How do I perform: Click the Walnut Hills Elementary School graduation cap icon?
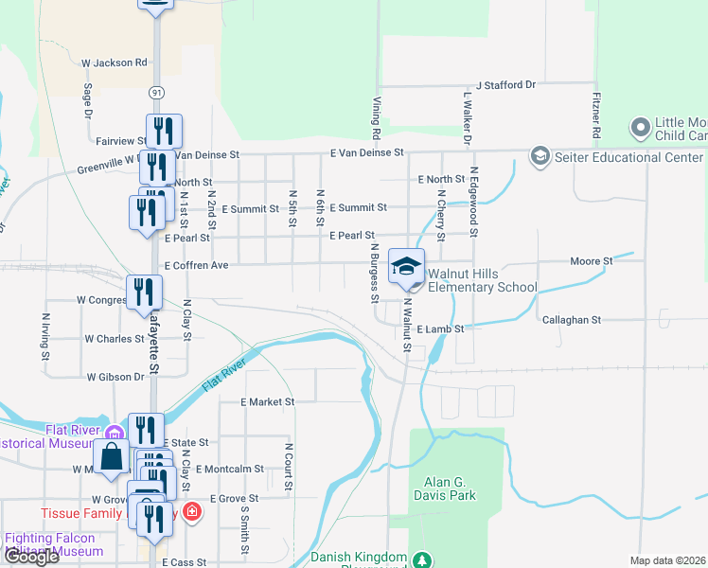[x=406, y=266]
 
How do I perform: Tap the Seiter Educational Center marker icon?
[x=540, y=155]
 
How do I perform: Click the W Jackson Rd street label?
[x=115, y=62]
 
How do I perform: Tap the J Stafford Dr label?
[x=505, y=85]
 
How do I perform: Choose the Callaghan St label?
[x=572, y=320]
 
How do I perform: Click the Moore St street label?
[x=593, y=260]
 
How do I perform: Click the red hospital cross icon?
[x=192, y=512]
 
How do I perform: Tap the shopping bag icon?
[x=112, y=457]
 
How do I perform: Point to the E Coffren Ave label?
[x=196, y=266]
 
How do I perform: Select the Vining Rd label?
[x=376, y=111]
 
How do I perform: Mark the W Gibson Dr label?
[x=115, y=377]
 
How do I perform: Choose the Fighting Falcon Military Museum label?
[x=54, y=544]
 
